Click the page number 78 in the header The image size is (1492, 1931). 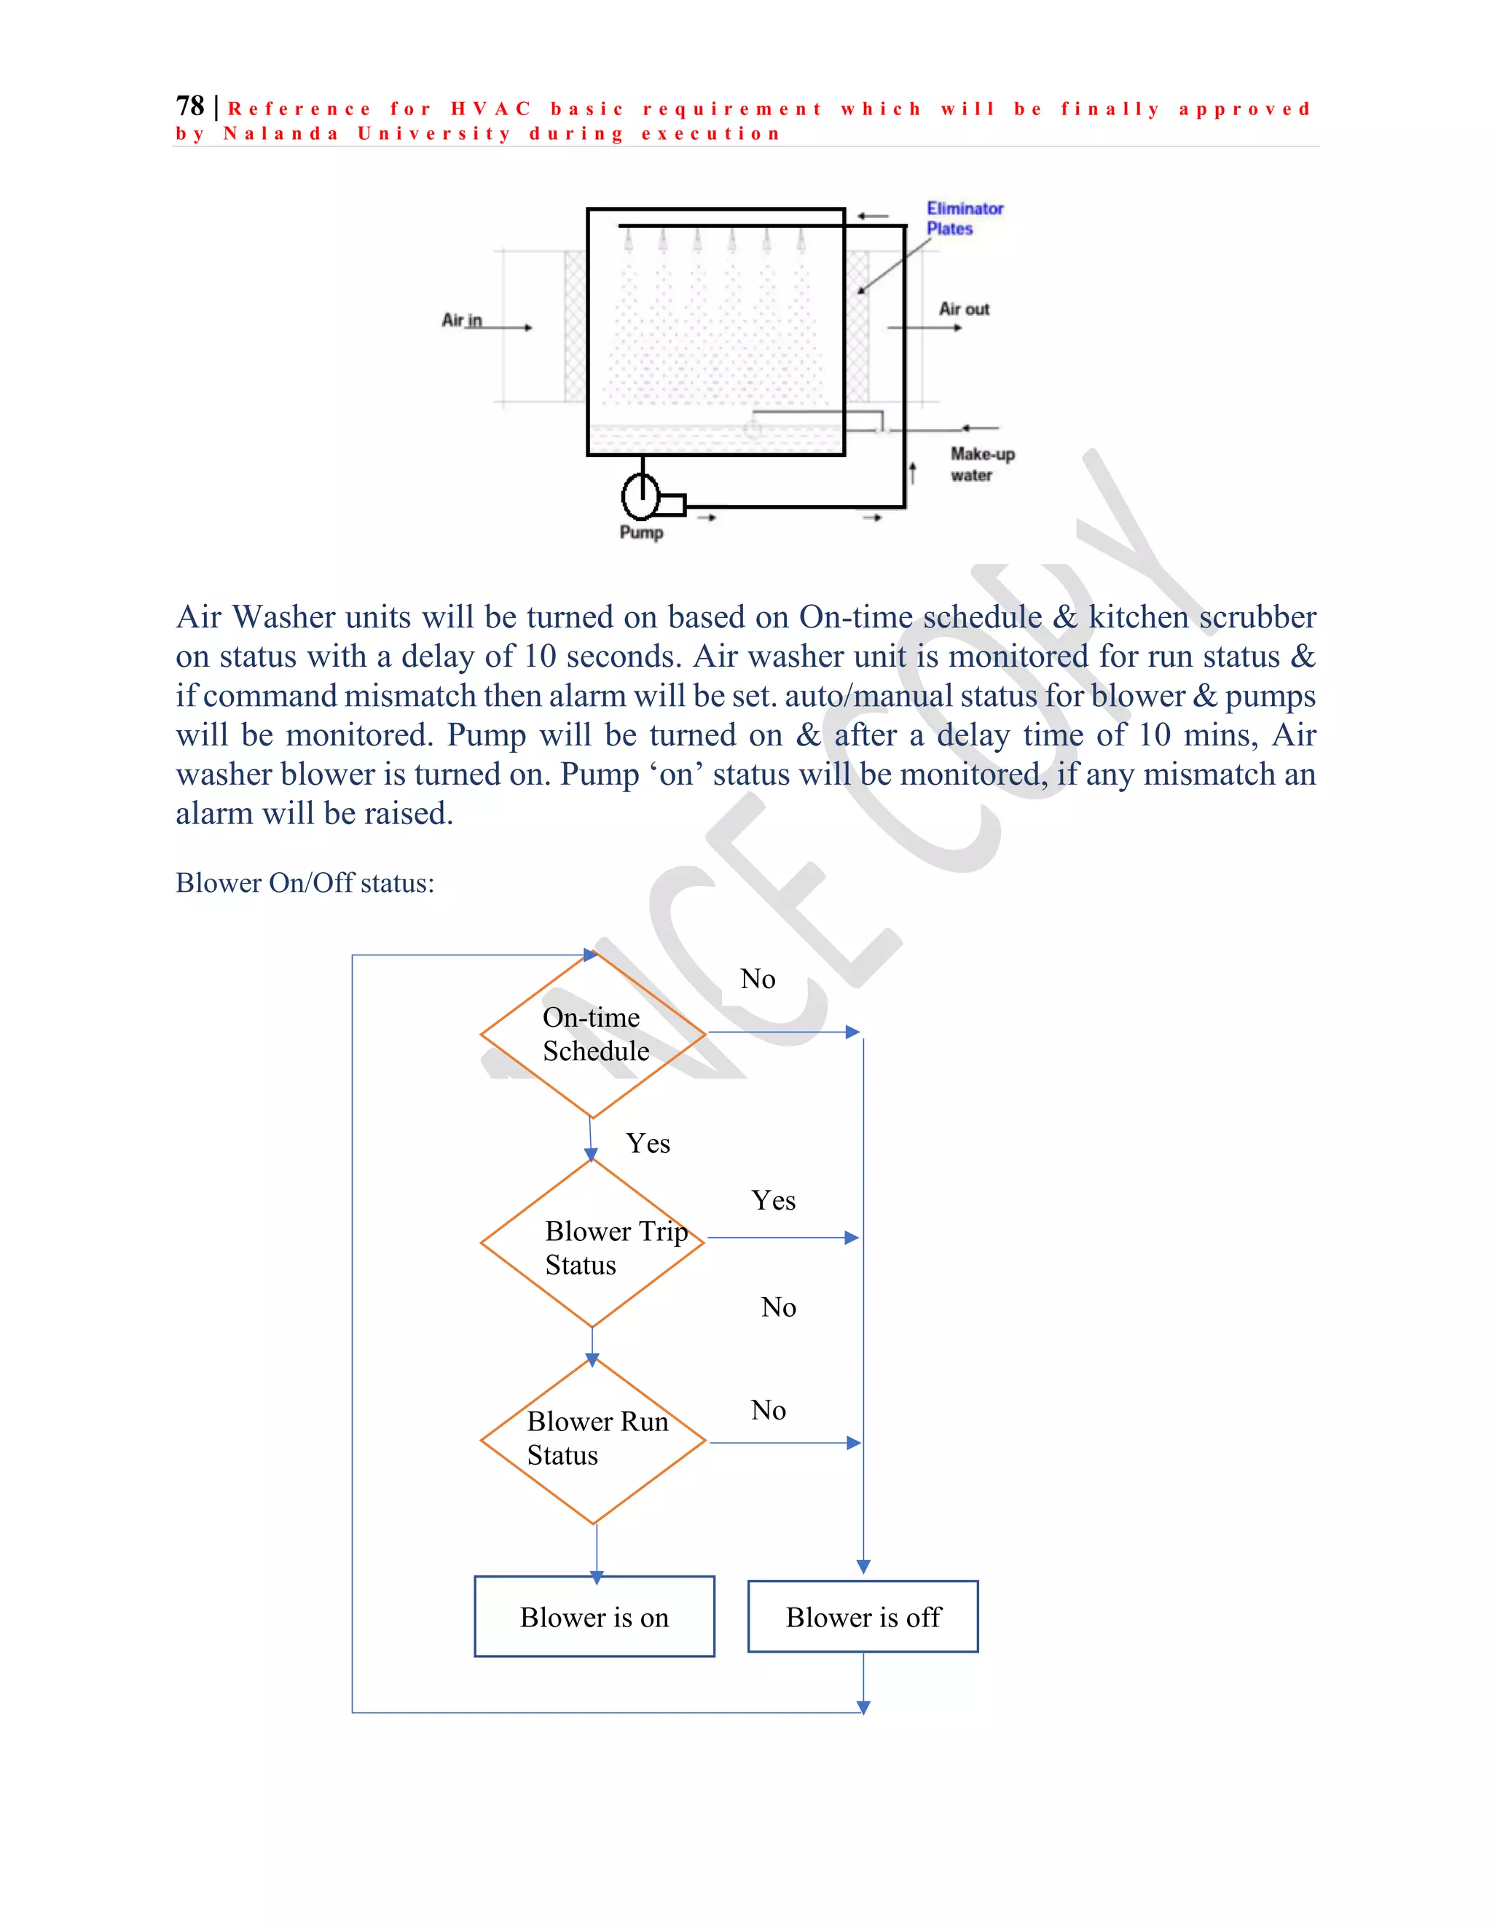coord(190,106)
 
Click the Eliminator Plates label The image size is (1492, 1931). coord(965,219)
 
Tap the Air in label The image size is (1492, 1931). coord(461,320)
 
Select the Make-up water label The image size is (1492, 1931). coord(981,464)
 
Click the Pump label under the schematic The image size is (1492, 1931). coord(641,532)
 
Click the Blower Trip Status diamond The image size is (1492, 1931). coord(592,1243)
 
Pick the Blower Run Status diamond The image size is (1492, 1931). coord(593,1441)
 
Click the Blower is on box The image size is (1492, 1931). coord(594,1617)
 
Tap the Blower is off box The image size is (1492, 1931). coord(863,1617)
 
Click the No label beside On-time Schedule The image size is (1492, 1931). coord(758,979)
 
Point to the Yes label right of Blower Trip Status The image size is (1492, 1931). coord(774,1201)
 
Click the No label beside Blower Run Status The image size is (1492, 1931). coord(768,1410)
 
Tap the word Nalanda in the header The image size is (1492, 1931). coord(281,134)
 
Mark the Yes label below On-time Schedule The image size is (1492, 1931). coord(648,1143)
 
